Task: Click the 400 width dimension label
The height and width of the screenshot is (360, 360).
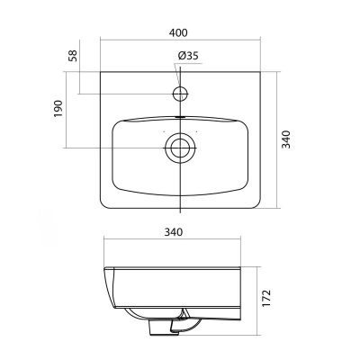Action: [x=180, y=32]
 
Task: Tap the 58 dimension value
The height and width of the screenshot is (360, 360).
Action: [x=73, y=56]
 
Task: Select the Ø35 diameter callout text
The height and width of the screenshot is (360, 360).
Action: [x=188, y=56]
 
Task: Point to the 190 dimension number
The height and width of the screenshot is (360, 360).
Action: [x=58, y=109]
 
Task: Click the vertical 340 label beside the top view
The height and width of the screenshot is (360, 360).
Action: [x=287, y=139]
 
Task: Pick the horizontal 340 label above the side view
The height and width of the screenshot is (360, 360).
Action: [x=174, y=232]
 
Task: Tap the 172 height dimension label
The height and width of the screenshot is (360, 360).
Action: [x=266, y=298]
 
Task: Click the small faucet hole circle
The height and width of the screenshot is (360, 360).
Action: [x=180, y=94]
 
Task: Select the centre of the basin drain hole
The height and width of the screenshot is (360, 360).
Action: [x=180, y=148]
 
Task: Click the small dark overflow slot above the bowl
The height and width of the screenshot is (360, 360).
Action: [x=180, y=117]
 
